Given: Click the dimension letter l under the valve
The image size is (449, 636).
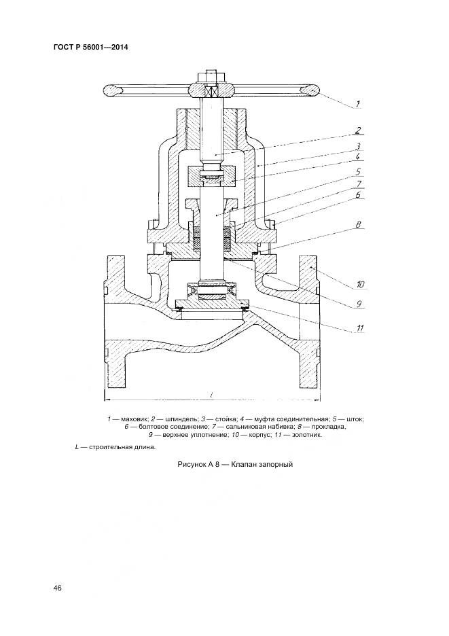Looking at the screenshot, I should [213, 394].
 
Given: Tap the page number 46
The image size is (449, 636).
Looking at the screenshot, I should [58, 588].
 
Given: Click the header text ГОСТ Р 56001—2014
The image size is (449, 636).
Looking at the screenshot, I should [90, 47].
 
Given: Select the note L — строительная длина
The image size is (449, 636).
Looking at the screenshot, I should [115, 447].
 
